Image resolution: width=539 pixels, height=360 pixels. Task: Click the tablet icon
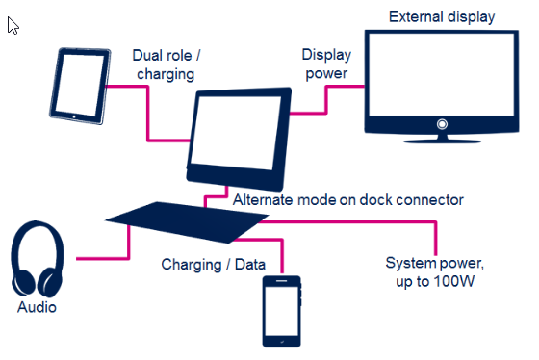coord(79,86)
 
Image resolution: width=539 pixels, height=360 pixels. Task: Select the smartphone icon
coord(282,310)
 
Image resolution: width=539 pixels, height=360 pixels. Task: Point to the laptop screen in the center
coord(236,135)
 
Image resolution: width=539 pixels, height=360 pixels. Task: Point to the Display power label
coord(325,64)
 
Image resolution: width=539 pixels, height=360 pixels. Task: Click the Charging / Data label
coord(204,264)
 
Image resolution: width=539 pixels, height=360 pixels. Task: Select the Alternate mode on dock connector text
coord(348,200)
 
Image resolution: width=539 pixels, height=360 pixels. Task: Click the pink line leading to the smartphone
coord(281,252)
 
